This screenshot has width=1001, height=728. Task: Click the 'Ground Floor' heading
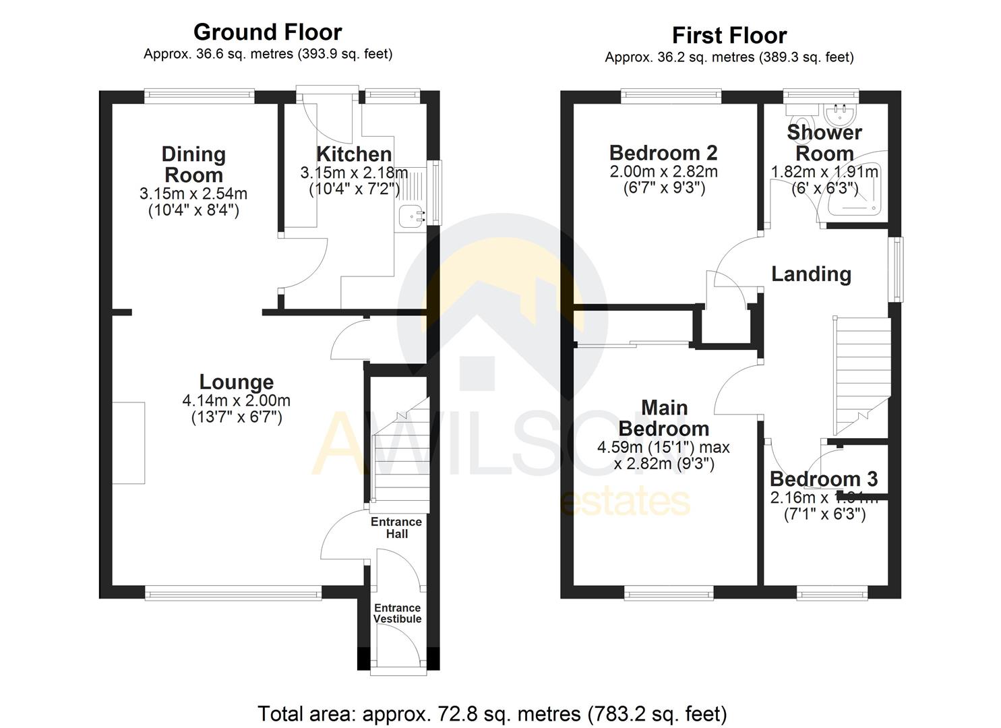268,32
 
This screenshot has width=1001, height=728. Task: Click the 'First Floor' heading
729,36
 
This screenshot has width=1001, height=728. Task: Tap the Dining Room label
193,164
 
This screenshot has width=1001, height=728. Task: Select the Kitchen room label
354,154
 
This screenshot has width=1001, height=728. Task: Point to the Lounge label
236,382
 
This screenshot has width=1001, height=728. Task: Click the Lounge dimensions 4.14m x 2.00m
236,400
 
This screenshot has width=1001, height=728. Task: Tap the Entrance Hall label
396,528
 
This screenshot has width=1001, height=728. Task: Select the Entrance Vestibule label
397,613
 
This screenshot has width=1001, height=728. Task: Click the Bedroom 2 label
663,152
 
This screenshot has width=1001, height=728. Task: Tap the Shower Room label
824,143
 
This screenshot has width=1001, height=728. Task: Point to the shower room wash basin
840,109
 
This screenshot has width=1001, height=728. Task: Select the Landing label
811,274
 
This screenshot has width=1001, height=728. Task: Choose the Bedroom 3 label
823,479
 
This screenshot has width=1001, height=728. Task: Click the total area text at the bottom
492,713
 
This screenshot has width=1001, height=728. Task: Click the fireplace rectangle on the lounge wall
128,443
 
